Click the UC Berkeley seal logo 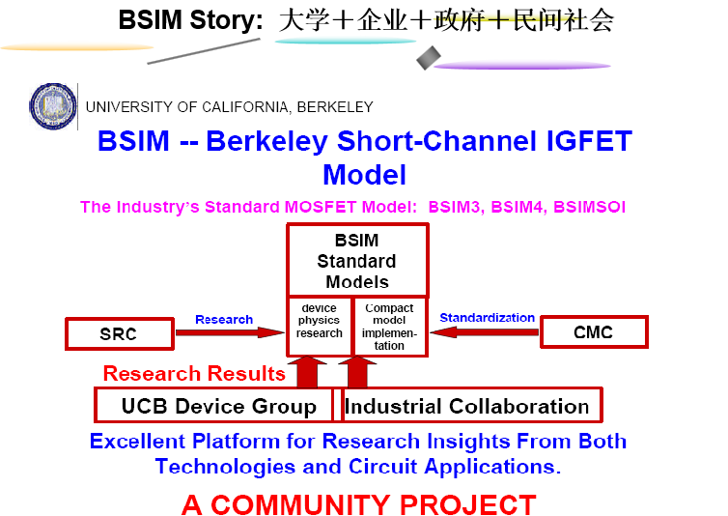53,106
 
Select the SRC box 120,333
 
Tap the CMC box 594,331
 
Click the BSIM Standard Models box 357,261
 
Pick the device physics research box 320,327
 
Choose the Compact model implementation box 389,327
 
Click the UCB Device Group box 214,406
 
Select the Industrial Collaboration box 471,406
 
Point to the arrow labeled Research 230,332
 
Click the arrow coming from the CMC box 485,331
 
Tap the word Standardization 487,318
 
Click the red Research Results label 194,374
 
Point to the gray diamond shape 429,58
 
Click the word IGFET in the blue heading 589,140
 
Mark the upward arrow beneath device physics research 307,371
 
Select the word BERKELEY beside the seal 335,107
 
